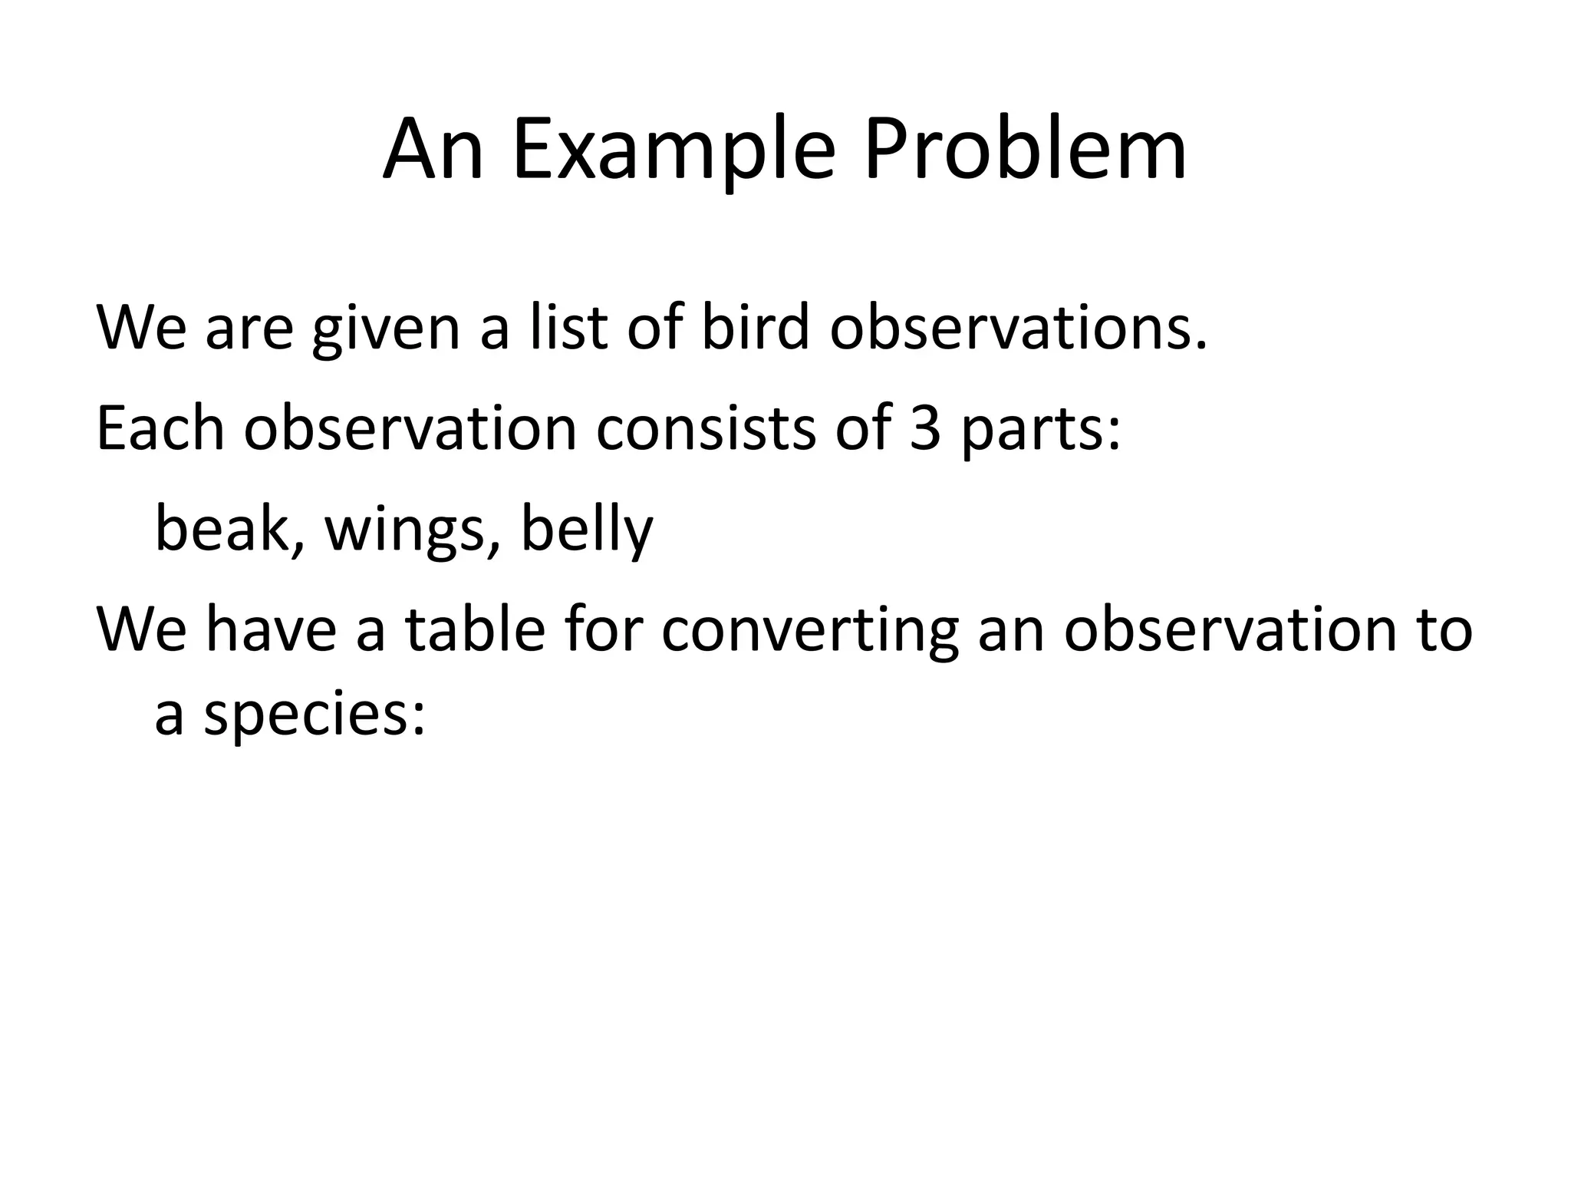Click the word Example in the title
tap(674, 150)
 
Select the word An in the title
tap(433, 150)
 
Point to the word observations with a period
tap(1019, 328)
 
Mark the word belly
tap(587, 530)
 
